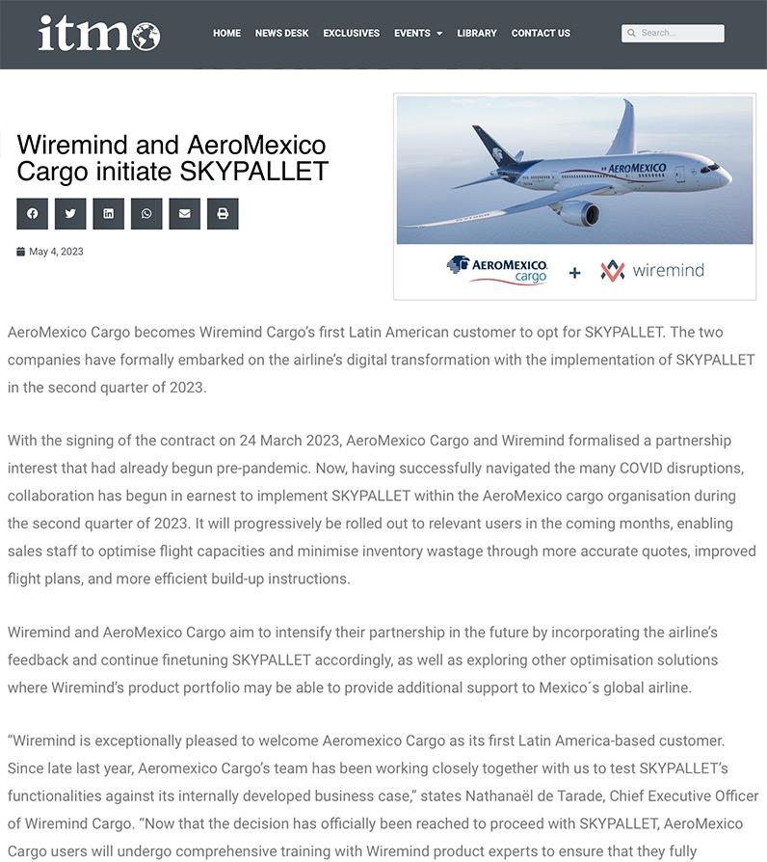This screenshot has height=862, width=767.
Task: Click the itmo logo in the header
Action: click(x=98, y=34)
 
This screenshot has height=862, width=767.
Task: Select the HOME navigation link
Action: click(x=226, y=33)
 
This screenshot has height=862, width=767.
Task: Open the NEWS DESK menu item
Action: click(x=281, y=33)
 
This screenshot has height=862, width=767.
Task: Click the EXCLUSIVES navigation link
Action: click(x=351, y=33)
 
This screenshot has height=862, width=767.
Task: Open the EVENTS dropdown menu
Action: click(x=417, y=33)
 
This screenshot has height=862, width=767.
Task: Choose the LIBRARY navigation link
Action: click(x=477, y=33)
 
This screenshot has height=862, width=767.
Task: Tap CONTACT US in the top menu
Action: click(x=541, y=33)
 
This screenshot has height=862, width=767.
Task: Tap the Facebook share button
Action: click(x=32, y=214)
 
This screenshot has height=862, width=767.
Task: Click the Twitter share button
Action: click(x=70, y=214)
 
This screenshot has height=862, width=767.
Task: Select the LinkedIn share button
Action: click(x=108, y=214)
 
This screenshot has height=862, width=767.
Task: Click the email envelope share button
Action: click(x=184, y=214)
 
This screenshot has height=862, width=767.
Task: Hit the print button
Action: click(x=223, y=214)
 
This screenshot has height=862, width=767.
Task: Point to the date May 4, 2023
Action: click(x=56, y=252)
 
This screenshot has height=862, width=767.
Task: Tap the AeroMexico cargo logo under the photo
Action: click(x=497, y=270)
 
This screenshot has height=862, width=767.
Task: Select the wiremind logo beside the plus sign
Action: click(x=652, y=271)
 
